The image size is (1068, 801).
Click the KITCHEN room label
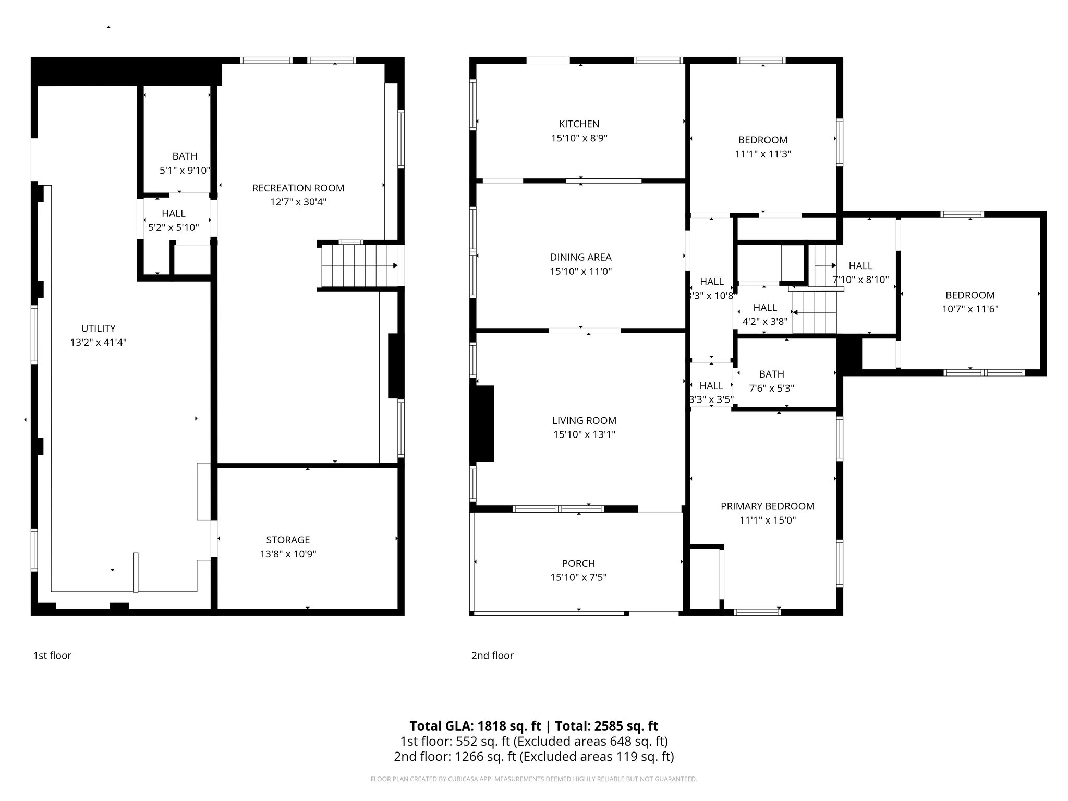coord(579,124)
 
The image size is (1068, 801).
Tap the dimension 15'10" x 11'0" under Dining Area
coord(580,271)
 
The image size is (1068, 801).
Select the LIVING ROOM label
coord(584,420)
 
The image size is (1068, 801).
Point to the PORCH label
coord(578,563)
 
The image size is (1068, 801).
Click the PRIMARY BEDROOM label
coord(767,506)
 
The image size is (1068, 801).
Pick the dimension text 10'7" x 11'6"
coord(970,309)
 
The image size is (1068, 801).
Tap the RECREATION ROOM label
coord(298,188)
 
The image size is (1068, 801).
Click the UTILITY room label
coord(98,329)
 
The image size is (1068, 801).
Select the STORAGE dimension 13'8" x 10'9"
coord(288,554)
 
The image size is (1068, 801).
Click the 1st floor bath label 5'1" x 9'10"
coord(185,170)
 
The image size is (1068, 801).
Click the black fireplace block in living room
coord(482,423)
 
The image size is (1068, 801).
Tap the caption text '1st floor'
coord(52,656)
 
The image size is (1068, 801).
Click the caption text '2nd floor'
coord(492,656)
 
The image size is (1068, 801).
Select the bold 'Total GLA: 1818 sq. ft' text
coord(476,726)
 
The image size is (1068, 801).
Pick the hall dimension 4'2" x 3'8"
coord(764,322)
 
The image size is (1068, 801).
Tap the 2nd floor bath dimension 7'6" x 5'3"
coord(771,388)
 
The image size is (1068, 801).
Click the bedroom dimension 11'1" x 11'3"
coord(763,154)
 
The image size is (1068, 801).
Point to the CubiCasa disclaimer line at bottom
coord(533,779)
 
